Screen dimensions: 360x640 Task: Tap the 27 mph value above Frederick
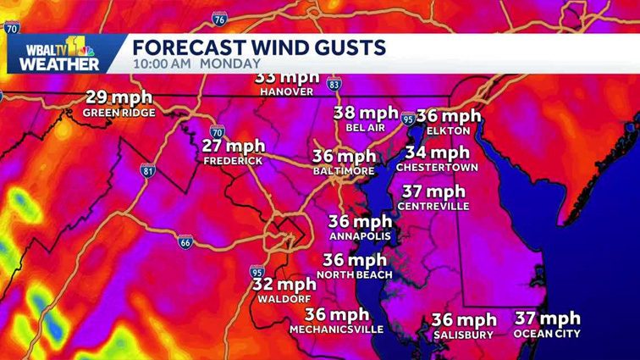point(234,145)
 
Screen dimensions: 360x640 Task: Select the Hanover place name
point(287,91)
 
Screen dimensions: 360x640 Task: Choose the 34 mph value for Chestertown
point(437,153)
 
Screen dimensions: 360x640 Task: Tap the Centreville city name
point(433,205)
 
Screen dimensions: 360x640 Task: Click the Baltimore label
point(344,171)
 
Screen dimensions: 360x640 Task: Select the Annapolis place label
point(360,235)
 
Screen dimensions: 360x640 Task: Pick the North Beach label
point(355,274)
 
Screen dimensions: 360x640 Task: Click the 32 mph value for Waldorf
point(284,285)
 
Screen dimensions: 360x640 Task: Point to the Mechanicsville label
point(336,330)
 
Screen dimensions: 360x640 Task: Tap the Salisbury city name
point(463,335)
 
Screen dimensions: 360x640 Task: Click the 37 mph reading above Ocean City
point(548,318)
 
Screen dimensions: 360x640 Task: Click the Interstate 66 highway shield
point(185,242)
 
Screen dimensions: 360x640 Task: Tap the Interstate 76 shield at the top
point(219,19)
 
